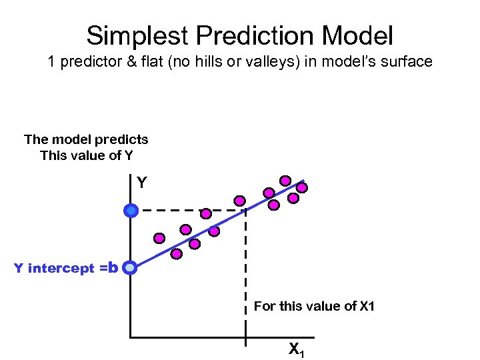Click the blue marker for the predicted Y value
[x=131, y=211]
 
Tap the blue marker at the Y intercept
[x=130, y=268]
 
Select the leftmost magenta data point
[x=159, y=237]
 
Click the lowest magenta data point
[x=176, y=254]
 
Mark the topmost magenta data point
[x=285, y=180]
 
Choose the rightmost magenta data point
[x=302, y=188]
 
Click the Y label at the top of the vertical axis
[x=141, y=181]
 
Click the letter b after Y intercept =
[x=113, y=268]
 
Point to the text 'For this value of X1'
[x=314, y=307]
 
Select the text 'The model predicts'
[x=86, y=139]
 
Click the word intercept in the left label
[x=61, y=269]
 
